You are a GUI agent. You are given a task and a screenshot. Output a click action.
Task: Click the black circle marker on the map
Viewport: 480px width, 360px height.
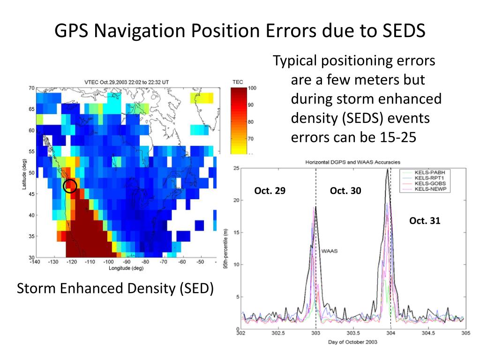point(70,186)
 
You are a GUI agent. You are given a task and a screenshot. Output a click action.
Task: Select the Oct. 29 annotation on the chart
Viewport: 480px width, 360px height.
point(270,191)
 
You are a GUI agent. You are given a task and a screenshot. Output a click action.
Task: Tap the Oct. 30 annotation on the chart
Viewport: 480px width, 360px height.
point(345,191)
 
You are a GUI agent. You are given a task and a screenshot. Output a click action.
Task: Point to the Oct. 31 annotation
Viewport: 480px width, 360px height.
point(425,221)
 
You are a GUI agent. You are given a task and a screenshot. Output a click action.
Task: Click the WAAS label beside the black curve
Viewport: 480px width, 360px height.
point(330,251)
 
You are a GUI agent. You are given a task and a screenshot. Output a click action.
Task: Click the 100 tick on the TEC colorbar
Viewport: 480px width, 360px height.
point(252,88)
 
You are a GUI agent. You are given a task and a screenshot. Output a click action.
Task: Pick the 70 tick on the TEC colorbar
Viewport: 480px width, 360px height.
point(250,139)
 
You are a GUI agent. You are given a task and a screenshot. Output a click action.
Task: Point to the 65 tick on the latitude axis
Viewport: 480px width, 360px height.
point(31,109)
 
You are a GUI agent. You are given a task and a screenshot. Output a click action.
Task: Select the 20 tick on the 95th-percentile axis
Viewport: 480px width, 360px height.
point(236,200)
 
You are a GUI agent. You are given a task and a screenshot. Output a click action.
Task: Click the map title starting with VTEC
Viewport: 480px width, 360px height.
point(127,82)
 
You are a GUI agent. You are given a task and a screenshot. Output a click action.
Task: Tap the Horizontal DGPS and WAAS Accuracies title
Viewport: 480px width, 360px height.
point(353,162)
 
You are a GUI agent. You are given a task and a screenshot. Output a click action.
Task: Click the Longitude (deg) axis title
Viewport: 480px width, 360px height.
point(127,268)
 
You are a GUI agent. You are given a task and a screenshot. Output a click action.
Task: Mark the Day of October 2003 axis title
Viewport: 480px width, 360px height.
point(353,342)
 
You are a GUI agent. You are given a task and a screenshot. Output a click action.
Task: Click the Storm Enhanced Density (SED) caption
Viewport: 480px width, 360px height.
point(115,289)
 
